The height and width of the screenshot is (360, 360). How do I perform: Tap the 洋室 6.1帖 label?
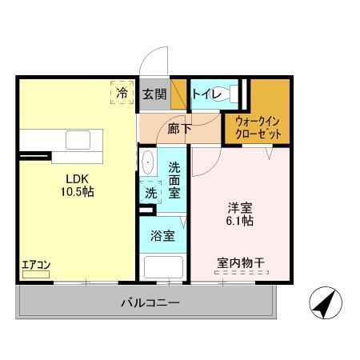[x=240, y=214]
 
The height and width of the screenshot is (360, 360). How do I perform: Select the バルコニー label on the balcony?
[x=150, y=303]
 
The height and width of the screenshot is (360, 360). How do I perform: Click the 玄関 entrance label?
[x=154, y=94]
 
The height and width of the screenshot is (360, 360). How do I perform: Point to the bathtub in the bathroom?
[x=162, y=267]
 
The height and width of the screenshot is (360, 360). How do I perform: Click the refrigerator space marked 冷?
[x=122, y=94]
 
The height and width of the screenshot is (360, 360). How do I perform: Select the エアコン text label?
[x=36, y=264]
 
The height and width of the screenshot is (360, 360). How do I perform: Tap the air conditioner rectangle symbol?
[x=36, y=274]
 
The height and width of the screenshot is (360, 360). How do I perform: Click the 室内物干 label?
[x=239, y=262]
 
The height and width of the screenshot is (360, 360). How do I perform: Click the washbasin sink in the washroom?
[x=147, y=163]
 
